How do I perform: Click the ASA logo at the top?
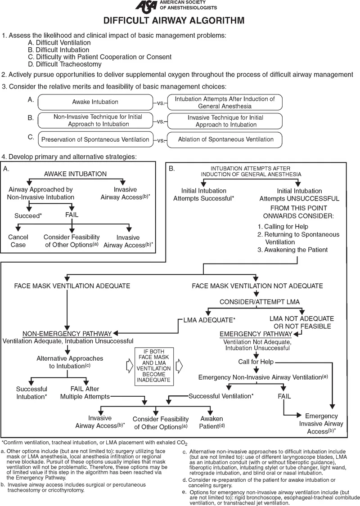tap(147, 7)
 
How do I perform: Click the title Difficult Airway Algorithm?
tap(174, 21)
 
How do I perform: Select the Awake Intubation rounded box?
tap(95, 102)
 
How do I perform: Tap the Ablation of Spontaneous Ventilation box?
tap(225, 139)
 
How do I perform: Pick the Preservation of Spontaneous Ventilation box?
tap(95, 139)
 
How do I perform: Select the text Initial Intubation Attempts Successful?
tap(207, 194)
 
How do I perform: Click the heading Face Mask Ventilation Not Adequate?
tap(257, 286)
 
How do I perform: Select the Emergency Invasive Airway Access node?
tap(324, 424)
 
